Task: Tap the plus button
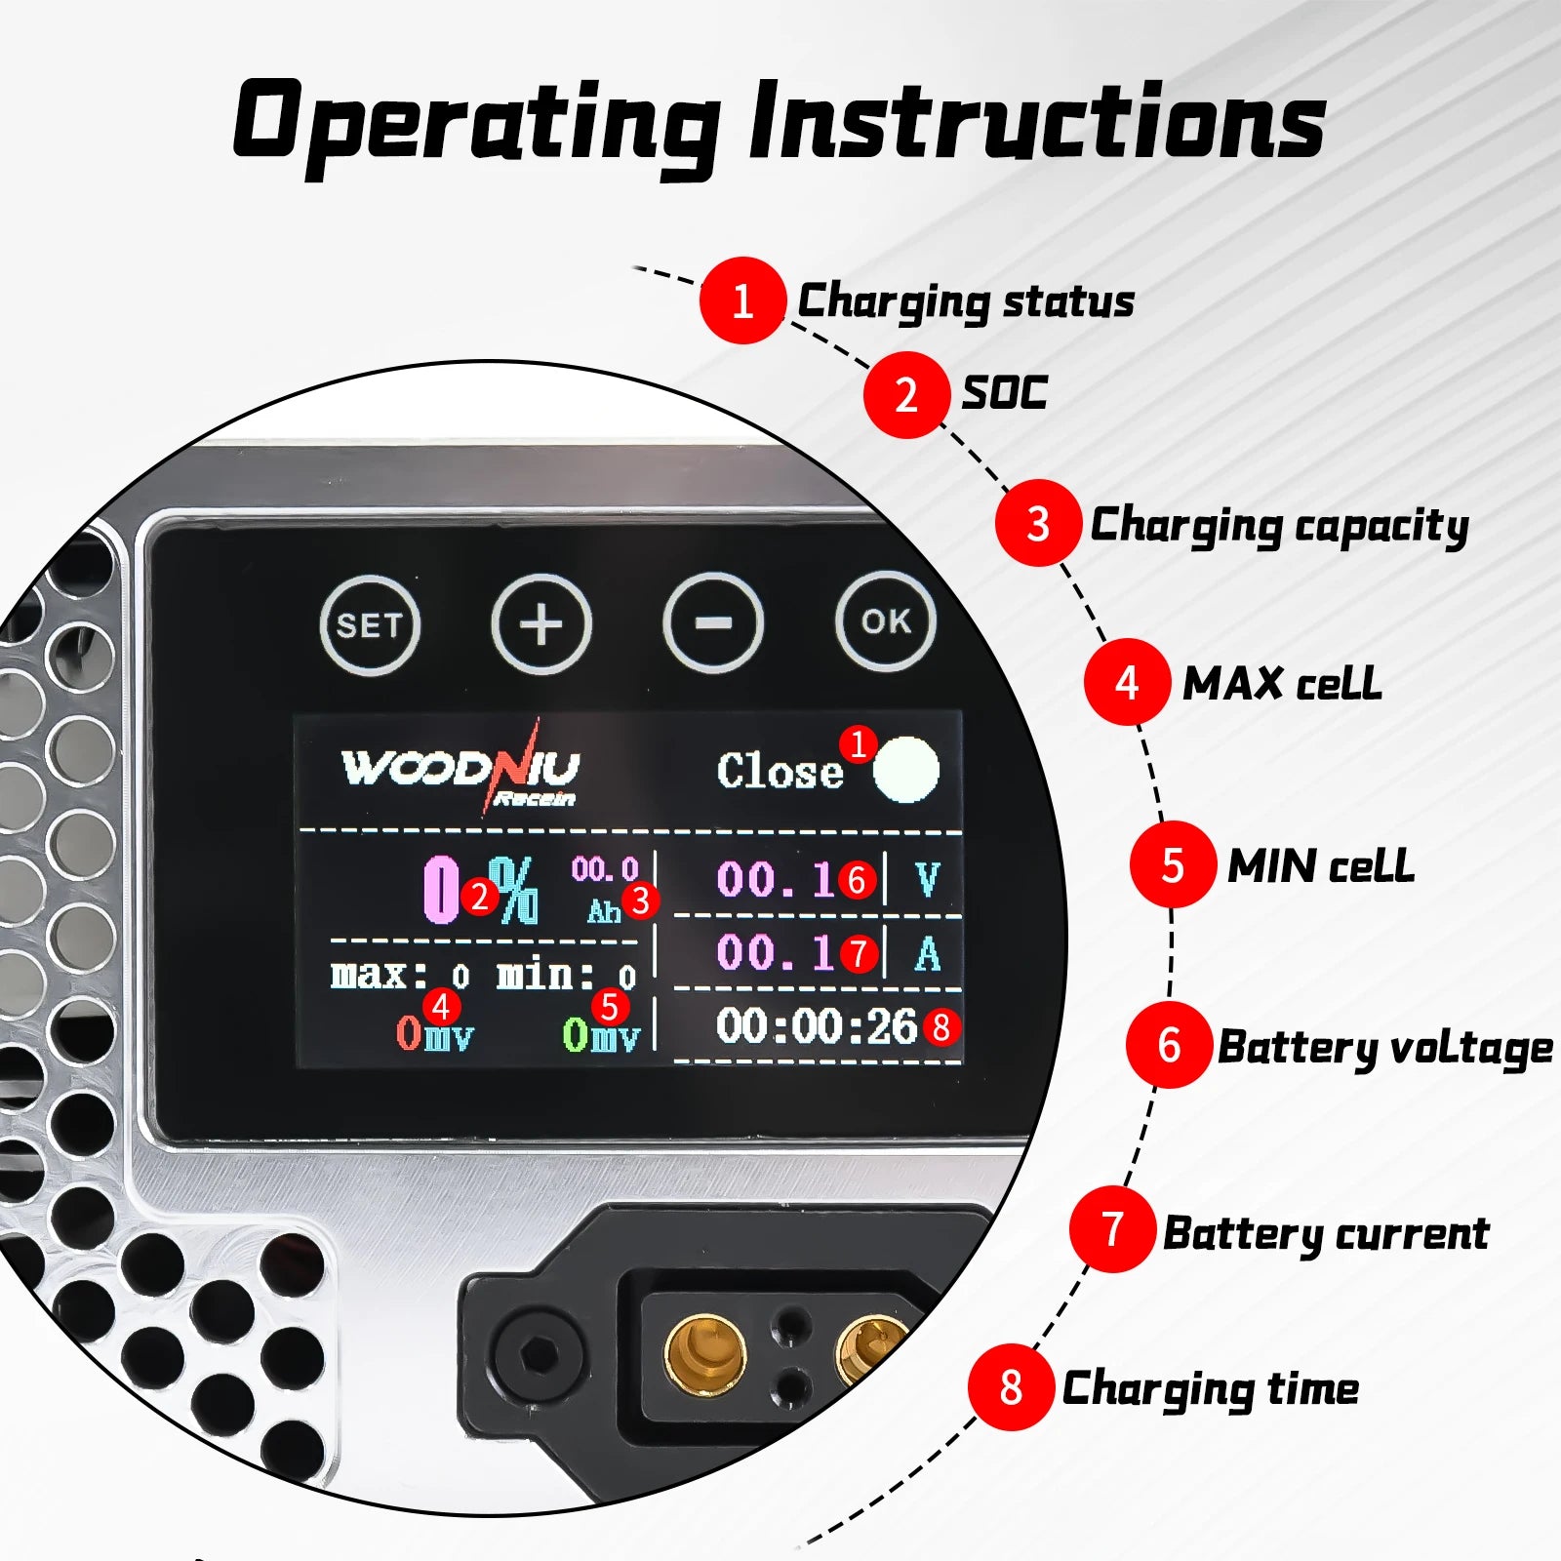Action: [x=541, y=624]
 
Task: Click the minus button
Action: [x=713, y=622]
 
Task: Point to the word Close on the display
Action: [x=780, y=772]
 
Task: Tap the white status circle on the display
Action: [x=906, y=770]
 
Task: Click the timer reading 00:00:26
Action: [x=817, y=1026]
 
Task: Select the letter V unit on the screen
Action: [x=928, y=879]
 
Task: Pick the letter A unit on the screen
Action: [x=928, y=953]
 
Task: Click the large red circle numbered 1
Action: [x=742, y=300]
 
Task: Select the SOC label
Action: [x=1005, y=393]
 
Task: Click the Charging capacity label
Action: [x=1279, y=527]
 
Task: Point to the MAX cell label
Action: [x=1282, y=683]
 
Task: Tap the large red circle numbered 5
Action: [x=1173, y=864]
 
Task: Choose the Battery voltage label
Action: [x=1385, y=1048]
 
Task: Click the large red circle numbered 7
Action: [x=1112, y=1229]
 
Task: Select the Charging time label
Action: [x=1211, y=1389]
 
